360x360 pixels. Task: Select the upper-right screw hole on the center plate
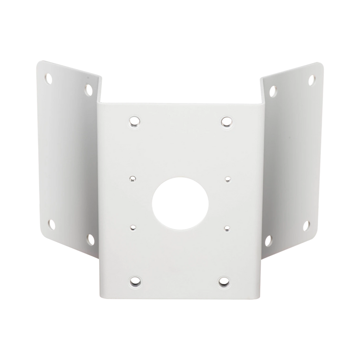(226, 121)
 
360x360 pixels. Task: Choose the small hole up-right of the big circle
(227, 179)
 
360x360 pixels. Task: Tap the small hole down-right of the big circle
(227, 228)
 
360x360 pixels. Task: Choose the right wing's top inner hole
(273, 89)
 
